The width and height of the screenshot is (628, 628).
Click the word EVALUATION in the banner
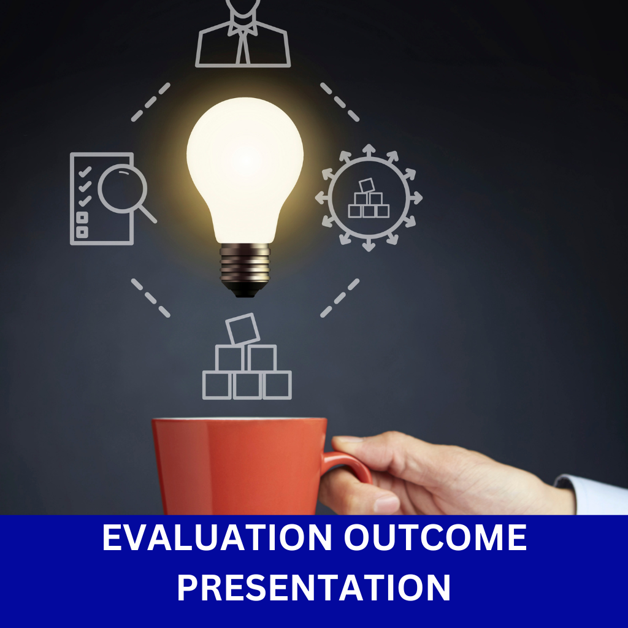tap(217, 537)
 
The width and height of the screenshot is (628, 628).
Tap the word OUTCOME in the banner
tap(435, 537)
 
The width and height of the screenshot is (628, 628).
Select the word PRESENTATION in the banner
tap(314, 588)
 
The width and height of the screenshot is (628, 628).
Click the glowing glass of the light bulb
tap(245, 168)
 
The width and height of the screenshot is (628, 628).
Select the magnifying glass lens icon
tap(123, 188)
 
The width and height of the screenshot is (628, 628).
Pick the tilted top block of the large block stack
tap(243, 329)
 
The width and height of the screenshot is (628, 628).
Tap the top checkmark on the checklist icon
tap(85, 172)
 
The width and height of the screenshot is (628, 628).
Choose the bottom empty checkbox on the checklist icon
tap(82, 232)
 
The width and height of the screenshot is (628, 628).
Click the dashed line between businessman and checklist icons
tap(151, 102)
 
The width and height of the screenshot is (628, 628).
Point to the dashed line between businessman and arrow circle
tap(340, 102)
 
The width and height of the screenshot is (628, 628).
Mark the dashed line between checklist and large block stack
tap(151, 298)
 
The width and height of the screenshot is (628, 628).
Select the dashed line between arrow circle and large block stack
tap(340, 298)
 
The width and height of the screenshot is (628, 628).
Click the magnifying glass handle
tap(147, 214)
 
